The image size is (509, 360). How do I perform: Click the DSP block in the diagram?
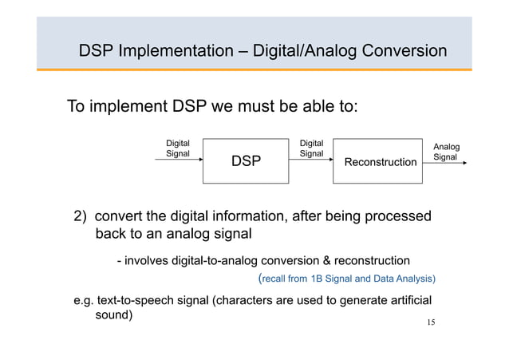coord(245,161)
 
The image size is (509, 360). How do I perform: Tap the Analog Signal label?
coord(445,152)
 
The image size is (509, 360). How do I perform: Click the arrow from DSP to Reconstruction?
coord(309,160)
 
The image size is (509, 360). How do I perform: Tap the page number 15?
coord(431,322)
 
